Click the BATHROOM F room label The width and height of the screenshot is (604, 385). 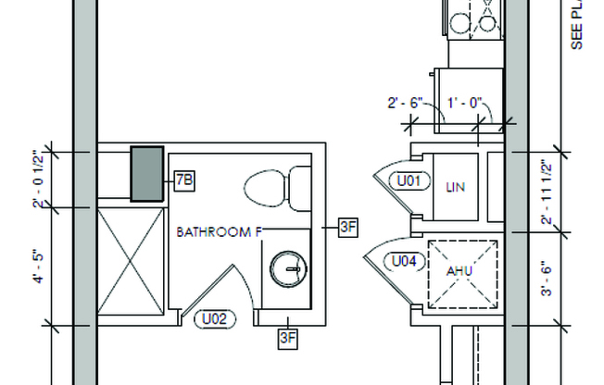coord(218,232)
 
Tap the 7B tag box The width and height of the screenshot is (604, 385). coord(182,180)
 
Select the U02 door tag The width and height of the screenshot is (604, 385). coord(214,319)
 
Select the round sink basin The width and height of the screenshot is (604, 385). coord(286,269)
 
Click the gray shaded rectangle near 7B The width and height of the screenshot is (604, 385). coord(146,173)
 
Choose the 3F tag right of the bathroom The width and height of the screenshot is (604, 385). coord(347,225)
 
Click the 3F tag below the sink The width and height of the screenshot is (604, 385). coord(288,338)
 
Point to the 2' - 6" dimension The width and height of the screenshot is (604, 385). coord(406,105)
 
